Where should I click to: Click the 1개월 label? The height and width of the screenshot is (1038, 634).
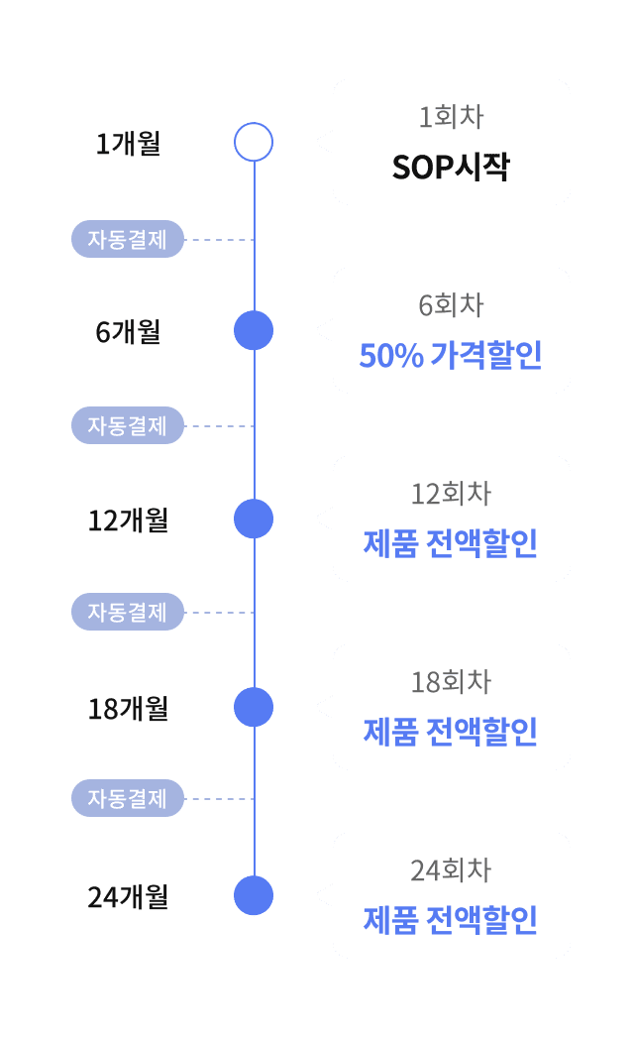pos(129,144)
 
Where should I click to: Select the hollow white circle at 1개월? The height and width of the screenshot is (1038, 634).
pos(254,143)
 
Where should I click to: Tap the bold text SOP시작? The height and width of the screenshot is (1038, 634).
pos(451,167)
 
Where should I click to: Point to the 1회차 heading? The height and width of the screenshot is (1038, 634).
pos(451,117)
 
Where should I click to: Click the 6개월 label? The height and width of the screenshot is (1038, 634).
pos(129,332)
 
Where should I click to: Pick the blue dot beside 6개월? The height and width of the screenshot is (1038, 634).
pos(254,330)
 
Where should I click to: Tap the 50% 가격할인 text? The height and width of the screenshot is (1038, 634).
pos(451,355)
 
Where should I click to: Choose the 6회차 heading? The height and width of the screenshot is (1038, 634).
pos(451,305)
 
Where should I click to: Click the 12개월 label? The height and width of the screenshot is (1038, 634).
pos(129,520)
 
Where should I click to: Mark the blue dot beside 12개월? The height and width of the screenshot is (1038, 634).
pos(254,519)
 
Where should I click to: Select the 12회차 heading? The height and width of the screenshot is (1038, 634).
pos(451,494)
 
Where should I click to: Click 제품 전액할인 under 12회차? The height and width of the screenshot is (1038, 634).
pos(451,543)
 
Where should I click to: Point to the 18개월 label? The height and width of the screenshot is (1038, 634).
pos(129,709)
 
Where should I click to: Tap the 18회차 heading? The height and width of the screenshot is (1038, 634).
pos(451,682)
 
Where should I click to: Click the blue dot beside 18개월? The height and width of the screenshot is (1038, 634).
pos(254,707)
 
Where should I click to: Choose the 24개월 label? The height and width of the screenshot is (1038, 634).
pos(129,897)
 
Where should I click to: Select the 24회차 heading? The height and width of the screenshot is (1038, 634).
pos(451,870)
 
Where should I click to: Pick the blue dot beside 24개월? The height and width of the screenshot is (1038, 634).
pos(254,895)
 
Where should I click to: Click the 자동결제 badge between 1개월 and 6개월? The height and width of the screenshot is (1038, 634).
pos(128,239)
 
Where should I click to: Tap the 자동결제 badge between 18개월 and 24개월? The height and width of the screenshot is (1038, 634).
pos(128,798)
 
